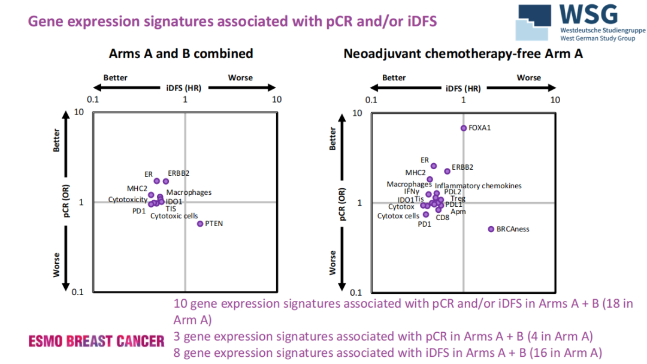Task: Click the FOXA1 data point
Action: point(463,128)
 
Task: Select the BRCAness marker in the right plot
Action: point(491,229)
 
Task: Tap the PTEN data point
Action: point(200,224)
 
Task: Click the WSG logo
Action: point(575,23)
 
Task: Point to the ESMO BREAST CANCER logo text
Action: point(96,341)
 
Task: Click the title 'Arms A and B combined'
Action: point(180,54)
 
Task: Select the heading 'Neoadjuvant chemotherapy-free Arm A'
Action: point(463,54)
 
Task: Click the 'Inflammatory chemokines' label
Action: point(478,186)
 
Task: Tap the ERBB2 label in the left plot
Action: point(179,173)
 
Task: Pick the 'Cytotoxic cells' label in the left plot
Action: point(174,216)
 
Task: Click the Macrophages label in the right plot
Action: point(409,185)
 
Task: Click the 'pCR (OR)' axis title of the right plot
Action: point(342,202)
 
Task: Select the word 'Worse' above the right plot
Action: point(529,78)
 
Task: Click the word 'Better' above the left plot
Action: point(115,78)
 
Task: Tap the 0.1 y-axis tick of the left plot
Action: point(77,292)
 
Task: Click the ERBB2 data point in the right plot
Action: point(447,172)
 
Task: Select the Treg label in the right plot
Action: point(458,198)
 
